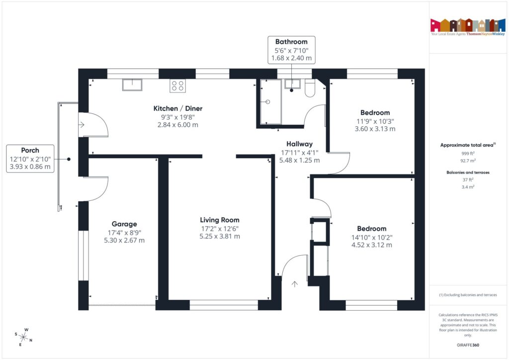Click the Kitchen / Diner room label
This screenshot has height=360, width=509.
177,108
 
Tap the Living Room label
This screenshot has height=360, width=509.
219,220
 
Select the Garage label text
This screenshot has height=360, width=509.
124,224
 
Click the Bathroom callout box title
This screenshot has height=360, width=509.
291,42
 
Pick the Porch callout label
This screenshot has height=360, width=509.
30,150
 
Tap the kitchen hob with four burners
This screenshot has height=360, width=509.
177,86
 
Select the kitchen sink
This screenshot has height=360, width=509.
133,85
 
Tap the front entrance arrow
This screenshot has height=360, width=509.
294,284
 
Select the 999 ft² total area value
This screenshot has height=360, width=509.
467,154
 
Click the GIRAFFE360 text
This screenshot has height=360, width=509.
468,345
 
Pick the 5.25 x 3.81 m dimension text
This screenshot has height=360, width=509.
219,237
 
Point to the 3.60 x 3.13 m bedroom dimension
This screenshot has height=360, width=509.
375,129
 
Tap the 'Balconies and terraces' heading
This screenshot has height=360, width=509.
467,172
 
